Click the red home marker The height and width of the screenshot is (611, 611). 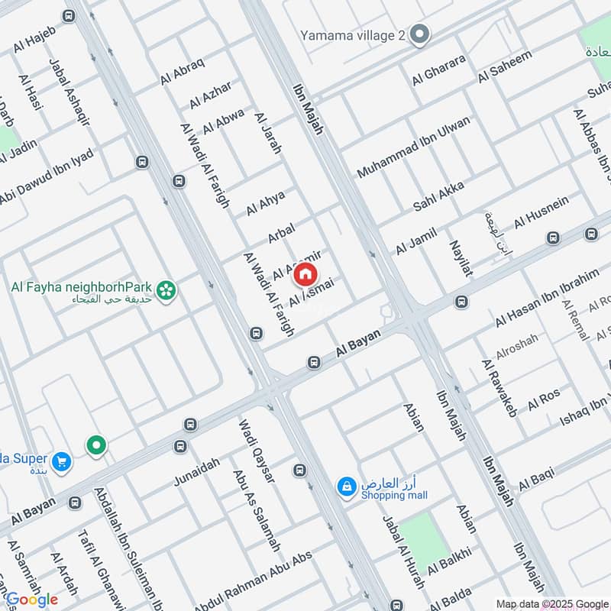click(x=305, y=273)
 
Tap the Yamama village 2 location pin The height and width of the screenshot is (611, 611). click(x=419, y=34)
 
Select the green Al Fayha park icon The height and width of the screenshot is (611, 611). click(x=166, y=290)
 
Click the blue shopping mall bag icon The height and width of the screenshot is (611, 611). click(x=347, y=486)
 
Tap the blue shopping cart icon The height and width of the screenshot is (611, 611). click(x=62, y=461)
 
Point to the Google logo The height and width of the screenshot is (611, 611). click(x=31, y=600)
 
